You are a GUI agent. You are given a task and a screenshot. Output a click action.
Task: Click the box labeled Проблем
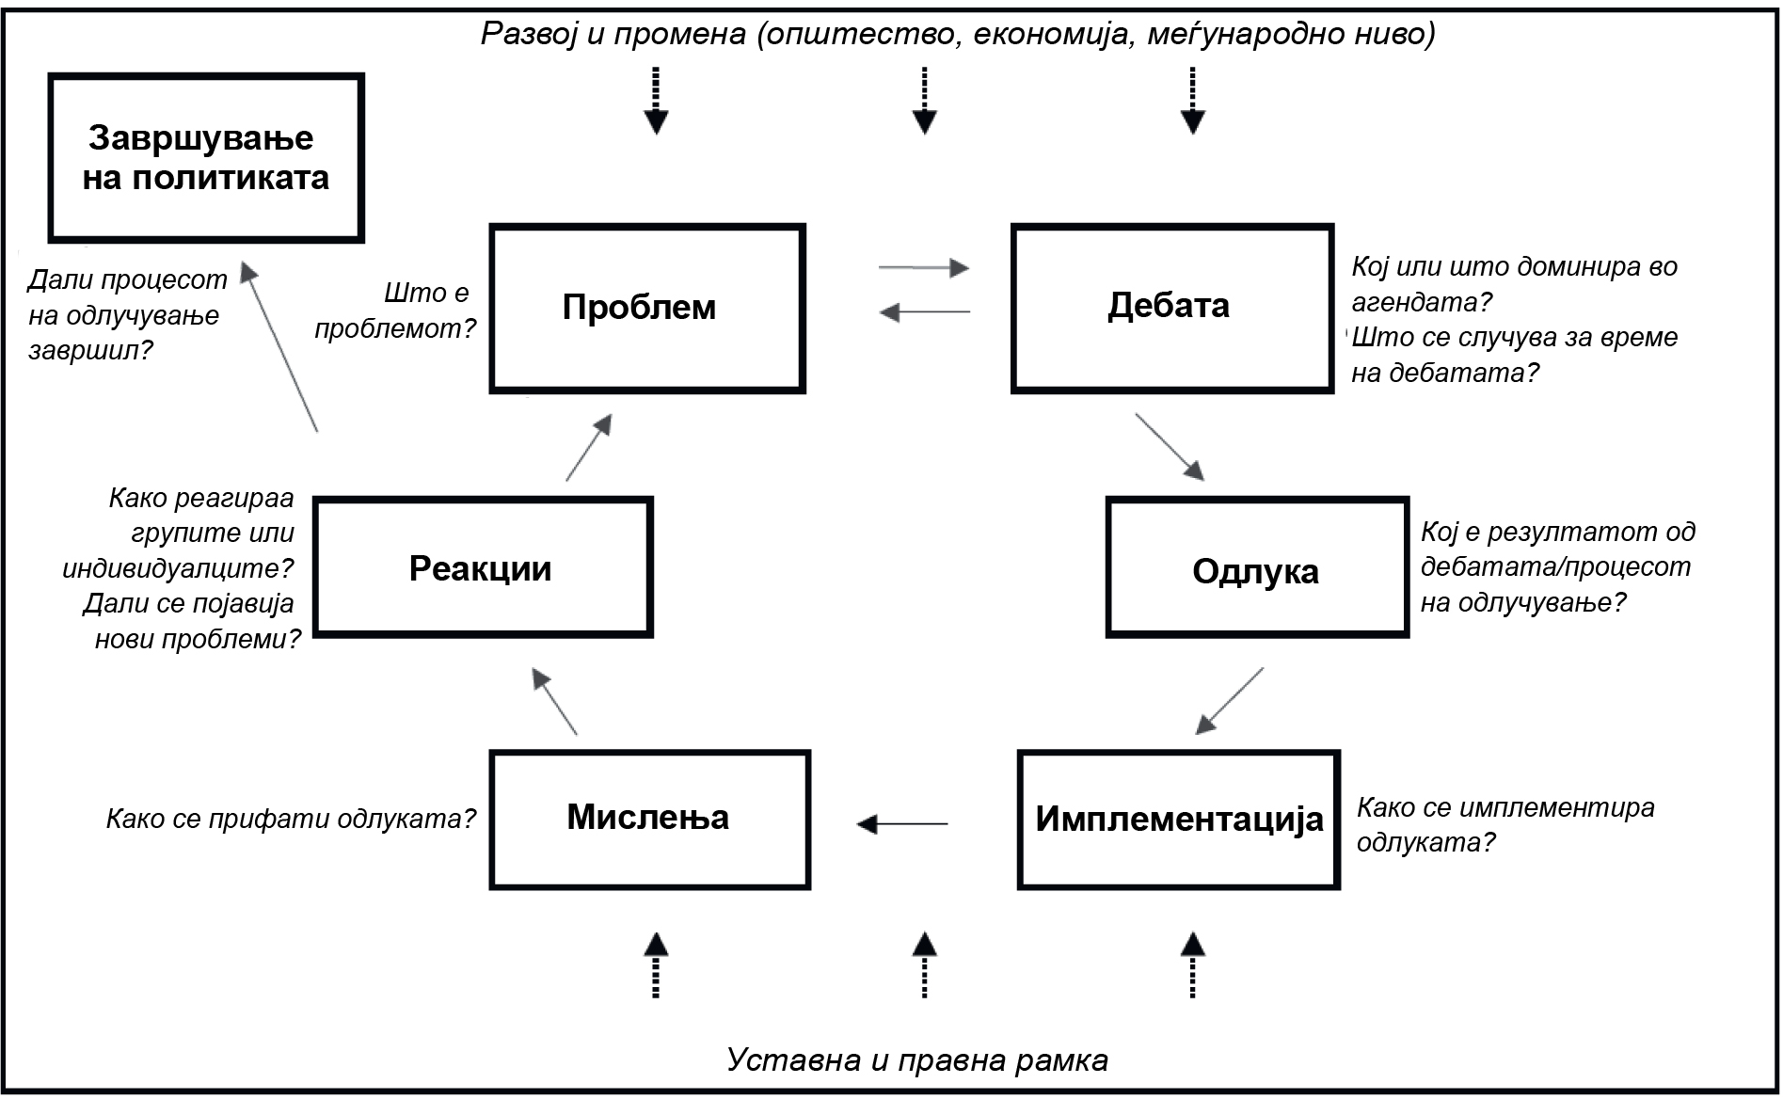[647, 308]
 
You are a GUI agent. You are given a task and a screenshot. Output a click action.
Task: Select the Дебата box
[1172, 308]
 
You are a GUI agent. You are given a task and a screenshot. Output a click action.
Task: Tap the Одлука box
[1256, 568]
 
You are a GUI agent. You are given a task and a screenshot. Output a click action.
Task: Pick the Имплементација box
[1178, 820]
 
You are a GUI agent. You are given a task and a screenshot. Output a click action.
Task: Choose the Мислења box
[649, 820]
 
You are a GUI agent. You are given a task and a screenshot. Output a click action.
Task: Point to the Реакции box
[483, 568]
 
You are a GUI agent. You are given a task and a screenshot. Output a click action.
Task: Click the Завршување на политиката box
[206, 158]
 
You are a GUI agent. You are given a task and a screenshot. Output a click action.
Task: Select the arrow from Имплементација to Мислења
[902, 824]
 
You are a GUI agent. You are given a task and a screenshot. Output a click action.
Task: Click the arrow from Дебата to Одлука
[1170, 447]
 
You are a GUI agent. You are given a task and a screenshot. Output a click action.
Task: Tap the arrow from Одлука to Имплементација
[1230, 701]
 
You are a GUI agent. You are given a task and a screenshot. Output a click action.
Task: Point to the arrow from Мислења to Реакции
[554, 702]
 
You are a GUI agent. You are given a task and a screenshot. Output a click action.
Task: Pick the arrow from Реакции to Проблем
[589, 448]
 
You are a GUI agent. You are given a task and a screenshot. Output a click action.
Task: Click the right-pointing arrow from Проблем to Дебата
[923, 268]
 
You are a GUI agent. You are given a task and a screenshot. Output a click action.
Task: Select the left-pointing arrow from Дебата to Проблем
[924, 311]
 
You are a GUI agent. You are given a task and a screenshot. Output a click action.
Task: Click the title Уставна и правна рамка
[916, 1060]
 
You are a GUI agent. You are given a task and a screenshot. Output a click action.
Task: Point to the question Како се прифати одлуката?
[291, 819]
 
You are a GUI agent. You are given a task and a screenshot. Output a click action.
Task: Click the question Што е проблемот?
[395, 311]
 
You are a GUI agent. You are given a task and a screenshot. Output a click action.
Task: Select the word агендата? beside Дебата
[1421, 302]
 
